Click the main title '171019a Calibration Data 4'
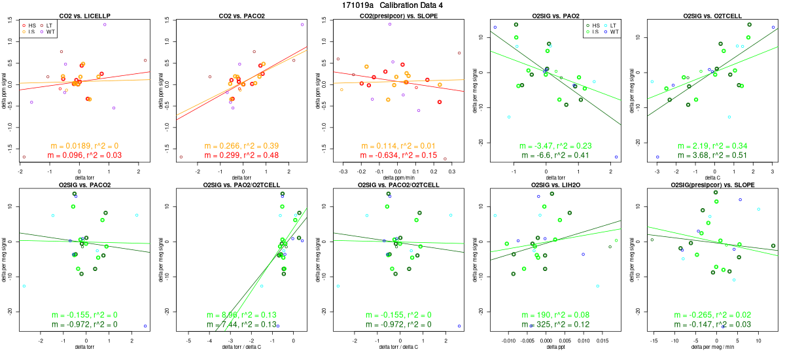(392, 5)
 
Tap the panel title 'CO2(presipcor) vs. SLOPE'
(398, 15)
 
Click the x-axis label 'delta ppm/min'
(398, 178)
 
